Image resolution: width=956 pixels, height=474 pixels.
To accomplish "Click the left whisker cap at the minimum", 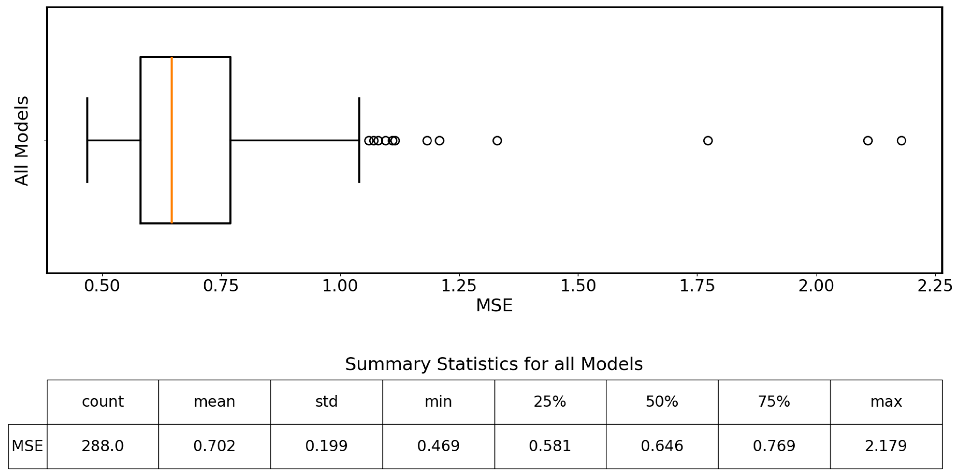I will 87,140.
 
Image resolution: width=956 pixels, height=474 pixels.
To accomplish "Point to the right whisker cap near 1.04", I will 359,140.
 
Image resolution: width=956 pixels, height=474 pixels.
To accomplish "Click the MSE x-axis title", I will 494,305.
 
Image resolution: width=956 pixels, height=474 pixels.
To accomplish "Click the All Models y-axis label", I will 22,141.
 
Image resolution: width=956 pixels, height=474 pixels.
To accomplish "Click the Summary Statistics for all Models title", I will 494,364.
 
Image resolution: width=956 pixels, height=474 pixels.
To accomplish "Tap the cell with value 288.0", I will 103,446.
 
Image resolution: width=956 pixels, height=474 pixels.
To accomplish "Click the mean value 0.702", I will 214,446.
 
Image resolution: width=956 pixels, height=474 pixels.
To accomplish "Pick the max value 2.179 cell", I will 886,446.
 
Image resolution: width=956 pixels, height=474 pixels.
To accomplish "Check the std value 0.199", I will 326,446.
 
